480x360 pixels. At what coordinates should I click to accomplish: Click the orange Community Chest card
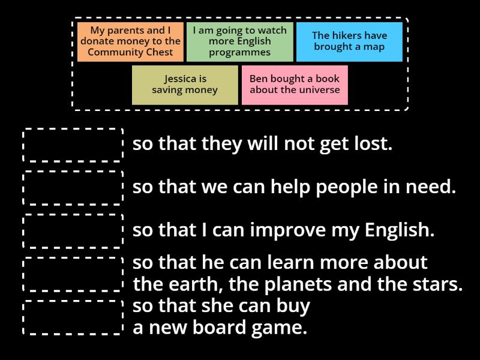(x=130, y=41)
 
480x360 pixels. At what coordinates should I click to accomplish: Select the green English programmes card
(x=239, y=41)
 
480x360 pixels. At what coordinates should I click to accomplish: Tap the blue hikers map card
(x=349, y=41)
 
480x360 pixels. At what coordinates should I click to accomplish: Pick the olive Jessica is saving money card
(x=185, y=85)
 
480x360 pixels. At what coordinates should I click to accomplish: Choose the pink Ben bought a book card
(x=295, y=85)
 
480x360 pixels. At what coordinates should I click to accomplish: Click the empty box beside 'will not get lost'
(x=73, y=145)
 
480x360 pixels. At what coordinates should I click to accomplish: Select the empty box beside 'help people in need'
(x=73, y=187)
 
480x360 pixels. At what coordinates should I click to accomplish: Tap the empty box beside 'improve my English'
(x=73, y=230)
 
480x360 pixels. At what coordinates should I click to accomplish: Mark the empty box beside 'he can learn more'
(x=73, y=274)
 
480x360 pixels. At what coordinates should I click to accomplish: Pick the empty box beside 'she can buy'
(x=73, y=317)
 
